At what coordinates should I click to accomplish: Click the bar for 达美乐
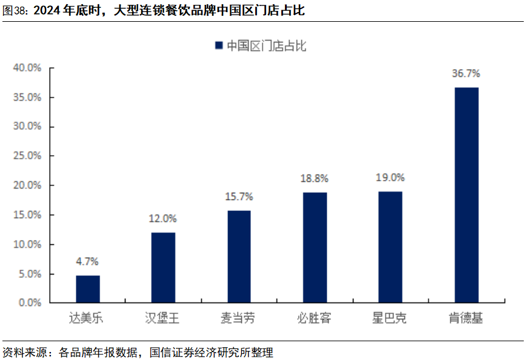click(88, 288)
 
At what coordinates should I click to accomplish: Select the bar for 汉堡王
click(163, 267)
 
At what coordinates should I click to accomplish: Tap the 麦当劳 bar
click(239, 256)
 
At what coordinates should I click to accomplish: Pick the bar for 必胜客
click(315, 247)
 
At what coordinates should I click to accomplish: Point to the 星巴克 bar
click(390, 247)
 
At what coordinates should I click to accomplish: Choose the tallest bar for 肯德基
click(466, 195)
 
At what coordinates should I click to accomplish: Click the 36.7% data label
click(466, 73)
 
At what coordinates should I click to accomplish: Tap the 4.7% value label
click(87, 262)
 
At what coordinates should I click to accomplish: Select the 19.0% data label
click(390, 178)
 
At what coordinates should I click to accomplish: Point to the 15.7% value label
click(239, 196)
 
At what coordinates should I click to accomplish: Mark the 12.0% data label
click(163, 218)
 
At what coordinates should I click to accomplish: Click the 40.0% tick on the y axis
click(28, 68)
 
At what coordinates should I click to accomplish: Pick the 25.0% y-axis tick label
click(28, 156)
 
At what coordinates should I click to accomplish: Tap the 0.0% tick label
click(30, 302)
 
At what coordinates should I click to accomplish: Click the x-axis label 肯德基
click(466, 318)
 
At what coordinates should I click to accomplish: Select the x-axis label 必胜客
click(315, 318)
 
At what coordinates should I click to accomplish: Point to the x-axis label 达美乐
click(87, 318)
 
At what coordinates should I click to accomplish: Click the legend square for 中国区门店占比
click(218, 46)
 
